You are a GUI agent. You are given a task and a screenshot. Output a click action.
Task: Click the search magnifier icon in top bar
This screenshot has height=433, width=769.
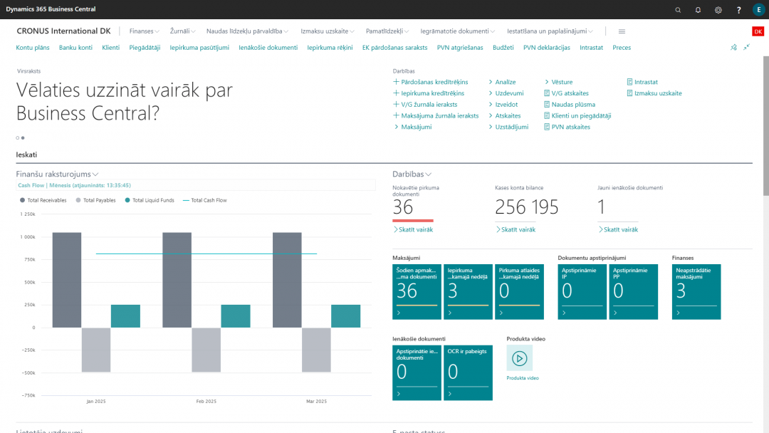[678, 9]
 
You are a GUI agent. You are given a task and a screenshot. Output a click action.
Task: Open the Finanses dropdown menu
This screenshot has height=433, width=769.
[145, 31]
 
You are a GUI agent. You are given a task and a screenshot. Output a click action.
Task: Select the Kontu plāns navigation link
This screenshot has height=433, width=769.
[33, 48]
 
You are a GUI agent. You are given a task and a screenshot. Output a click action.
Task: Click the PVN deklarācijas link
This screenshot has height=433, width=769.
[546, 48]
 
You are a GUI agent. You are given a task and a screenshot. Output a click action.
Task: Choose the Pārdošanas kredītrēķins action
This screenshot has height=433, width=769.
[434, 83]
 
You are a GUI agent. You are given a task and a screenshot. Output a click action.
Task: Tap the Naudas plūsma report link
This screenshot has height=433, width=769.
[573, 105]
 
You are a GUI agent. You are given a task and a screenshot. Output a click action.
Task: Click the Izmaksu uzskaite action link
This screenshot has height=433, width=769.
[658, 93]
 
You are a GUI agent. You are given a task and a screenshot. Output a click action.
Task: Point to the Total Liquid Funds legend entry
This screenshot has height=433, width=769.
[152, 201]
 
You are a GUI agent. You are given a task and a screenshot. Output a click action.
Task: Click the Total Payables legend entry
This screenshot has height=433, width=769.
[99, 201]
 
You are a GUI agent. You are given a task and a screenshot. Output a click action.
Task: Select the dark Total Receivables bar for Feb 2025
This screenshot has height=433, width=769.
[177, 280]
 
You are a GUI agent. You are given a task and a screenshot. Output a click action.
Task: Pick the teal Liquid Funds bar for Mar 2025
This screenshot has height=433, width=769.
[345, 316]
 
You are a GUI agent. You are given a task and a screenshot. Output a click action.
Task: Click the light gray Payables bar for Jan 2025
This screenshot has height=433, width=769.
[96, 350]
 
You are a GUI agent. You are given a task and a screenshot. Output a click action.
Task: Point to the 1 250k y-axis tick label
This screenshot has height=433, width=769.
[28, 214]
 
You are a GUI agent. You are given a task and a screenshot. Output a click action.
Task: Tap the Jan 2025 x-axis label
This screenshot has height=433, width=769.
[96, 402]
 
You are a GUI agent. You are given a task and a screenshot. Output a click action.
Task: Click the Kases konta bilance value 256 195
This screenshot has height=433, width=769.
[526, 207]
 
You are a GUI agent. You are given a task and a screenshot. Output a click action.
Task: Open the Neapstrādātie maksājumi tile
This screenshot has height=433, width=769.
[696, 292]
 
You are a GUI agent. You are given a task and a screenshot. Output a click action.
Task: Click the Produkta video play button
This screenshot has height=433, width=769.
[519, 358]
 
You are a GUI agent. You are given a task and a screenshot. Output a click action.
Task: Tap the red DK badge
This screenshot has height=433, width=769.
[758, 31]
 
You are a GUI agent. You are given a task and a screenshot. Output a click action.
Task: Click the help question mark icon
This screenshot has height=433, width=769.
[738, 9]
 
